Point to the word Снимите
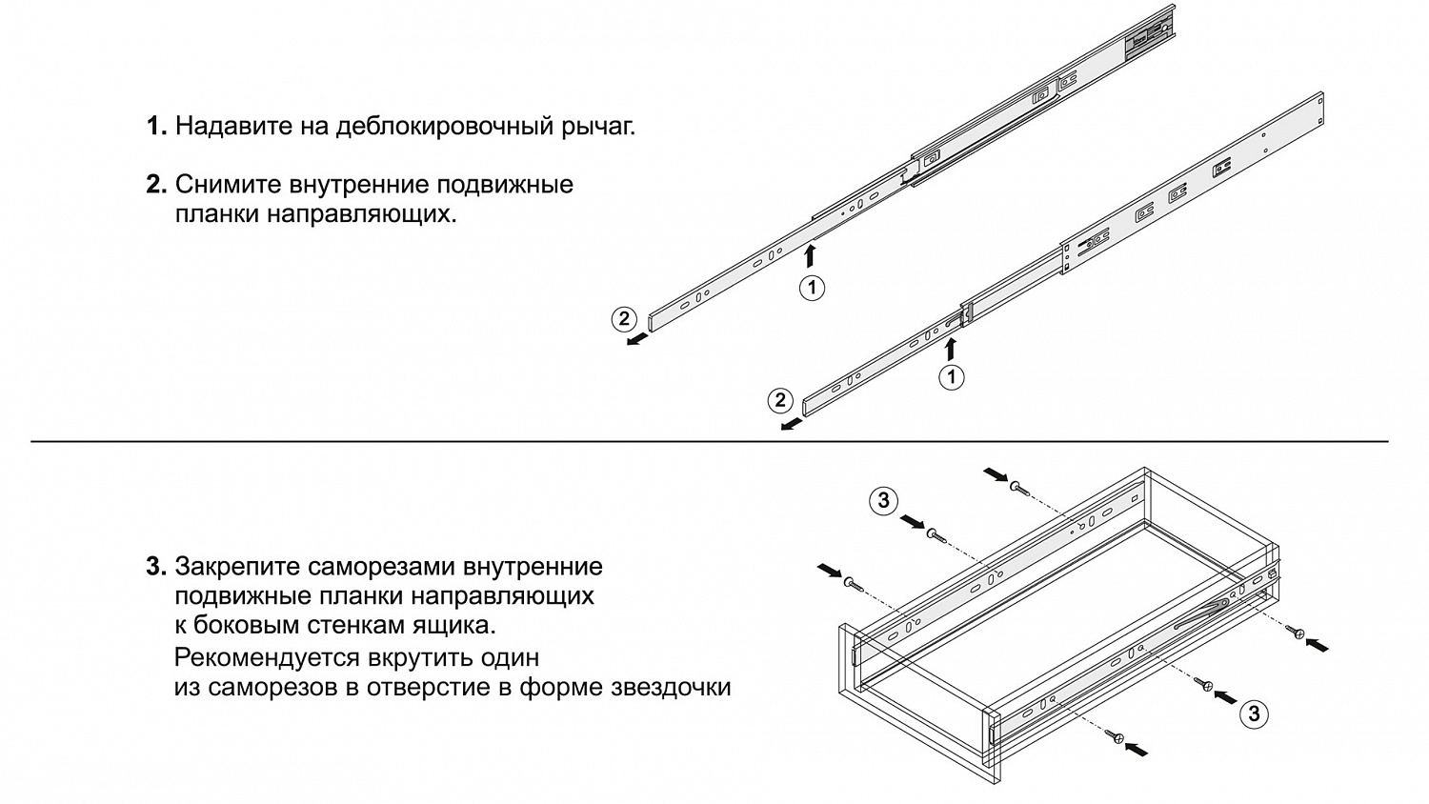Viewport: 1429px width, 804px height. [x=229, y=185]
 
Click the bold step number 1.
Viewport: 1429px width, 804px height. [x=156, y=126]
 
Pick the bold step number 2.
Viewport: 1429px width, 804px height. [x=156, y=184]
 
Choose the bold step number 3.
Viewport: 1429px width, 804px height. [x=156, y=566]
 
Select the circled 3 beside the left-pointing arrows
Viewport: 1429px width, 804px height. [x=1254, y=714]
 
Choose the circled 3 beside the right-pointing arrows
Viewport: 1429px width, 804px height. [x=883, y=499]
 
